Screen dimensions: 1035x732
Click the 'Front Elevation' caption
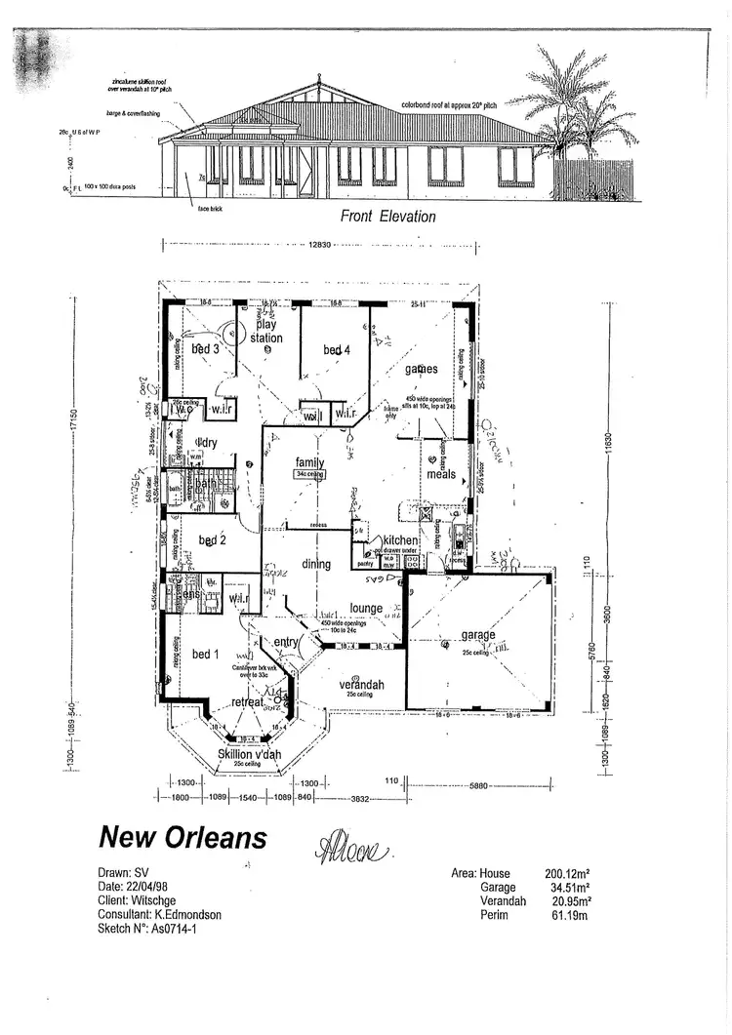(x=387, y=217)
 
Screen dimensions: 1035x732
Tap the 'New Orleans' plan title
(x=183, y=836)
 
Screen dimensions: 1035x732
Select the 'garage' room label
(x=478, y=635)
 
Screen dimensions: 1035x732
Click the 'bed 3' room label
(x=204, y=348)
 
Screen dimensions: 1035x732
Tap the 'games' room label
(x=420, y=369)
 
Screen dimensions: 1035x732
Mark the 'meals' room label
(x=441, y=475)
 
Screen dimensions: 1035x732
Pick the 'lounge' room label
(x=366, y=609)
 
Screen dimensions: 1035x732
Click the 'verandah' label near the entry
(x=361, y=686)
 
